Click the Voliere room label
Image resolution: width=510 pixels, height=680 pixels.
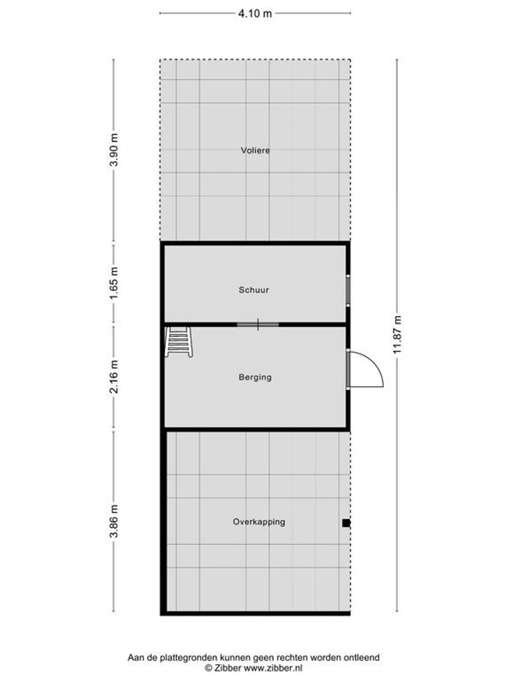pos(255,150)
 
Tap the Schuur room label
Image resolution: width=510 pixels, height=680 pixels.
pos(254,290)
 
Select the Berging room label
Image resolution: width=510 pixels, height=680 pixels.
pos(255,377)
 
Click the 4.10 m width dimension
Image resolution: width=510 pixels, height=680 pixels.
pos(255,14)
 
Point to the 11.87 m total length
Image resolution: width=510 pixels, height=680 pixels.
pos(397,334)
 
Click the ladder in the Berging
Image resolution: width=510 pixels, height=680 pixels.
pos(178,342)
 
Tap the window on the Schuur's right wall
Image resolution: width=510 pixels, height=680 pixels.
pos(348,290)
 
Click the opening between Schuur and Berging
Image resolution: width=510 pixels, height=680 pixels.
pos(258,324)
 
